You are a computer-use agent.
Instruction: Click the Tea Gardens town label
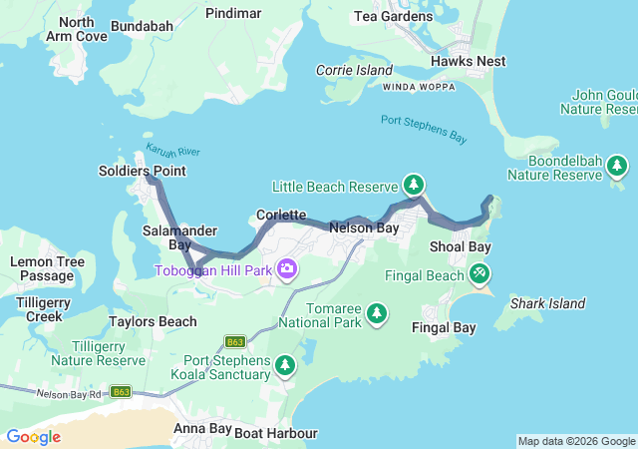click(394, 16)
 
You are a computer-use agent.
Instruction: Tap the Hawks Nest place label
click(468, 61)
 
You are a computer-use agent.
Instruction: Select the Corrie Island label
click(354, 70)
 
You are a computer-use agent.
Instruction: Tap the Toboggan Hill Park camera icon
click(287, 268)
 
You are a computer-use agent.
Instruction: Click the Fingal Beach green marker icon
click(479, 272)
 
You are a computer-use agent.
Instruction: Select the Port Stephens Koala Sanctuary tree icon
click(286, 366)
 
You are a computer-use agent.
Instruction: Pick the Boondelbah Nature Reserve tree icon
click(618, 165)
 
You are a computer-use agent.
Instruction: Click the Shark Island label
click(547, 303)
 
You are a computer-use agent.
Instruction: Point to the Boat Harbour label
click(276, 433)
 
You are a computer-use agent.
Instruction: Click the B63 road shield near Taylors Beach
click(235, 340)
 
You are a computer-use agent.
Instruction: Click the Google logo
click(33, 437)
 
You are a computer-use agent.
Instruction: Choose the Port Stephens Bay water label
click(424, 129)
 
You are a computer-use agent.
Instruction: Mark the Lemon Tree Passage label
click(47, 268)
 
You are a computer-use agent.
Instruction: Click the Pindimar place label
click(233, 13)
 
